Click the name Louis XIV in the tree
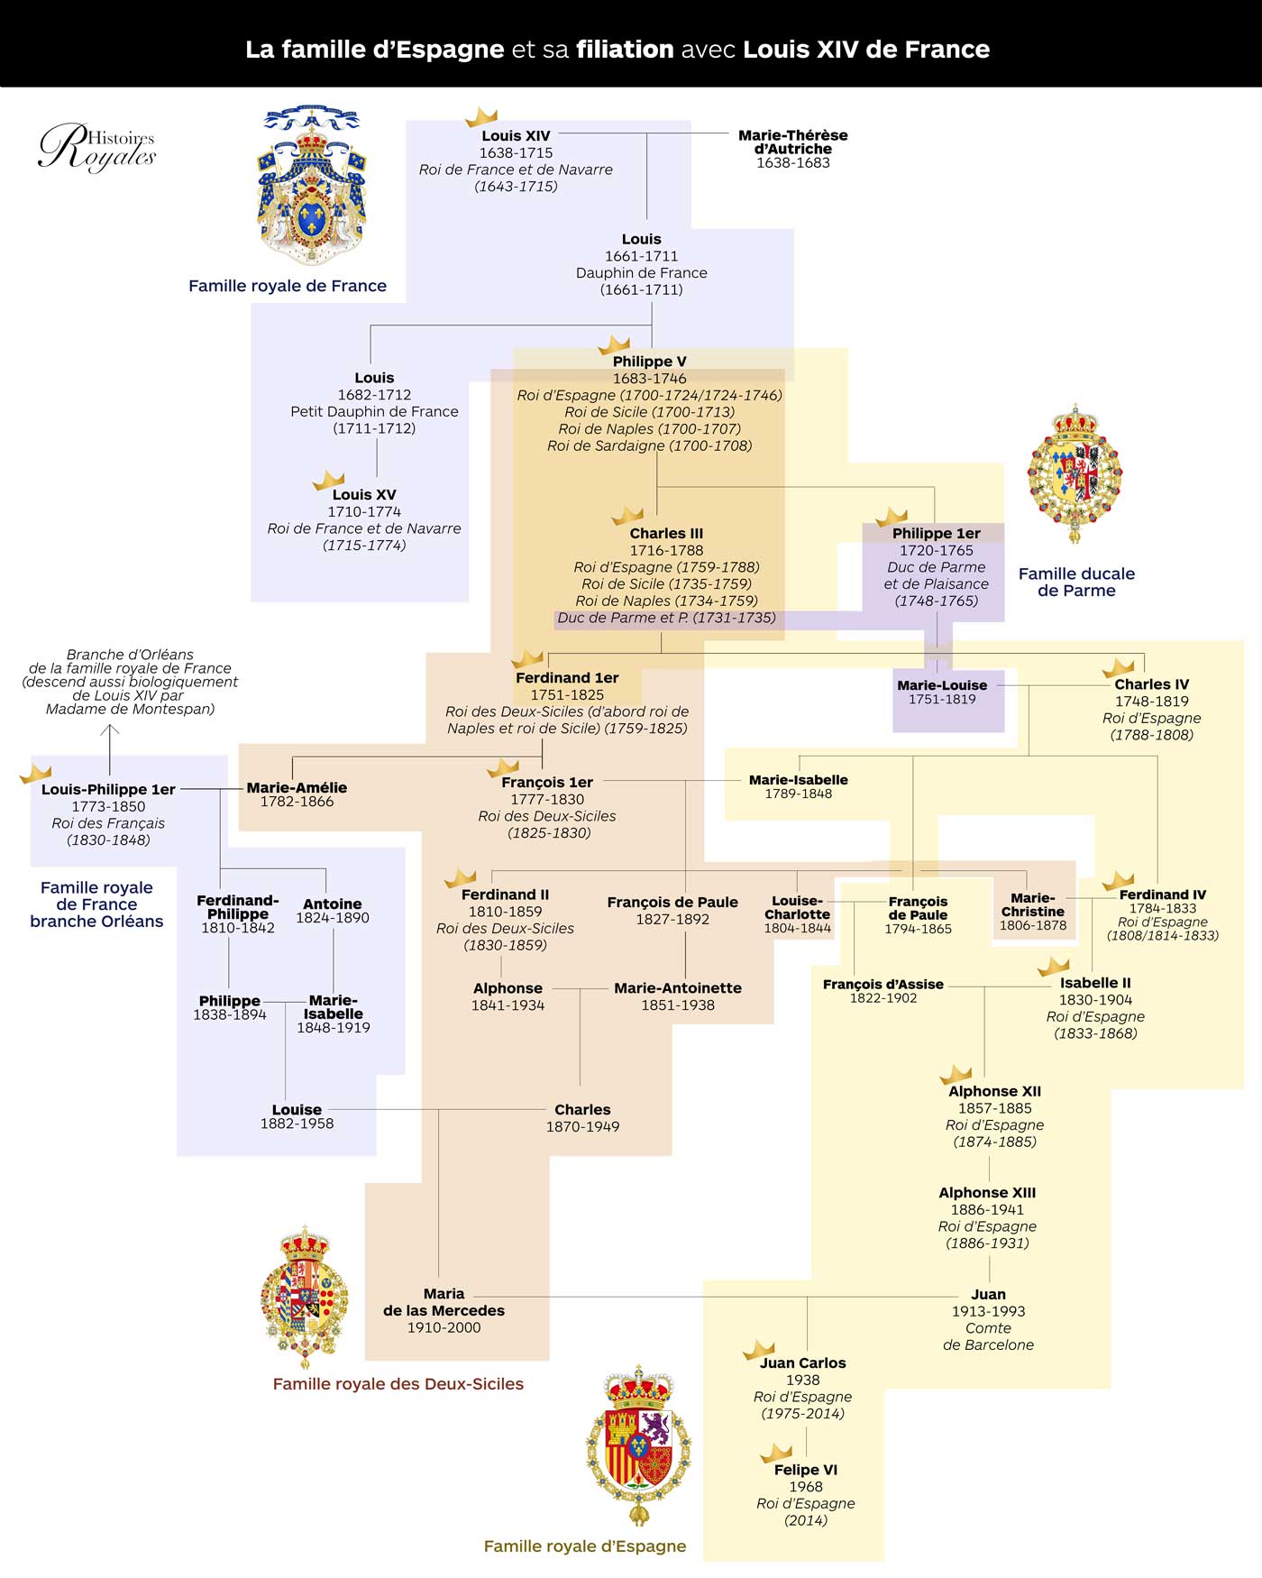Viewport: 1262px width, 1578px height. click(516, 136)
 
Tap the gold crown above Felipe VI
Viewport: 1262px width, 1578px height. click(775, 1453)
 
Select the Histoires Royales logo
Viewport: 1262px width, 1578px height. click(97, 147)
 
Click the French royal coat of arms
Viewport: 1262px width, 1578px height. click(312, 185)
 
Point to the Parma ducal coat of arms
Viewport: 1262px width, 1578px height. click(1075, 472)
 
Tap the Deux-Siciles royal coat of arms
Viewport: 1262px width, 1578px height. click(305, 1297)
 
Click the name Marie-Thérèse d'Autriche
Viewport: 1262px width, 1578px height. click(792, 142)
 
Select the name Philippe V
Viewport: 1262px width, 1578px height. click(649, 362)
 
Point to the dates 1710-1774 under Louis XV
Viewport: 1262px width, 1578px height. click(364, 512)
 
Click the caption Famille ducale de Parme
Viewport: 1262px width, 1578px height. click(1076, 582)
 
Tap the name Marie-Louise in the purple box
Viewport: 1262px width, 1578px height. click(942, 685)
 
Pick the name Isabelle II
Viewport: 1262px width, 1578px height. click(1095, 983)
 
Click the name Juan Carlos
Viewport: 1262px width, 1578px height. click(802, 1363)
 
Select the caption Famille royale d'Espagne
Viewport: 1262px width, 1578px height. click(585, 1546)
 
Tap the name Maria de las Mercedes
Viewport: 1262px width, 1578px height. click(444, 1302)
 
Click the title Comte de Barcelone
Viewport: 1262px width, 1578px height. click(988, 1336)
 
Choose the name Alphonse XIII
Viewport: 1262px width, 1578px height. click(987, 1193)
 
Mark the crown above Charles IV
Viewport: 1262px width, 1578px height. click(1118, 668)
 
